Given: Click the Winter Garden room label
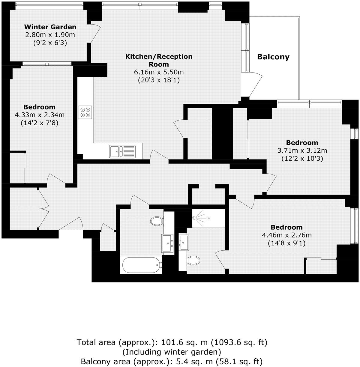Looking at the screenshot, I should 50,27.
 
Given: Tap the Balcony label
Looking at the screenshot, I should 273,57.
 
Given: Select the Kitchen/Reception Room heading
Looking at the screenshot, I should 159,60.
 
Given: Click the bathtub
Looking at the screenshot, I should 141,264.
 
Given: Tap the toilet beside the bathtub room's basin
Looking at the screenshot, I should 157,221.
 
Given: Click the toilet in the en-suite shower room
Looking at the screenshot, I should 193,260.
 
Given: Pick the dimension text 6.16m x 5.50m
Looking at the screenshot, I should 159,72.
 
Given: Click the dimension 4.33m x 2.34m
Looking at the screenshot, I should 39,115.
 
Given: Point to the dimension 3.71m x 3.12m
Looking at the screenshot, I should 302,151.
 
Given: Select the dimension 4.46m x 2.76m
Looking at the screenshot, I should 286,235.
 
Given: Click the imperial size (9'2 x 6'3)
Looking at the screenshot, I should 50,43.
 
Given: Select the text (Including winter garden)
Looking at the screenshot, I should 172,352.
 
